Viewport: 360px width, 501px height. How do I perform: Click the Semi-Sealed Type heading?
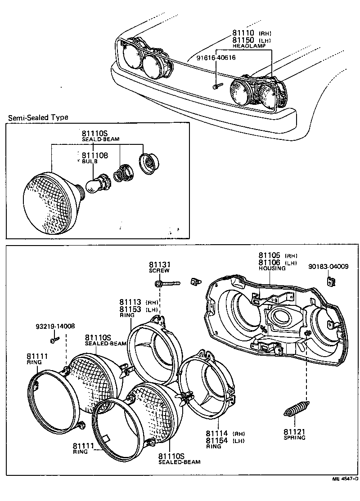coord(38,117)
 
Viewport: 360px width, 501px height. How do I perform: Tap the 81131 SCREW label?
coord(159,267)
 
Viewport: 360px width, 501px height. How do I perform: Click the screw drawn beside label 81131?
coord(168,283)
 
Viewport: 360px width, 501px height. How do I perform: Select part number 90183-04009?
coord(328,266)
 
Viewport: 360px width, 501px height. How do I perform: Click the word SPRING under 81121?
coord(294,437)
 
